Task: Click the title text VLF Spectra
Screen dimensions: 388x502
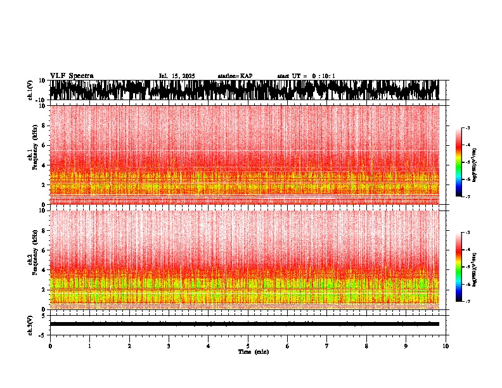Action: click(72, 76)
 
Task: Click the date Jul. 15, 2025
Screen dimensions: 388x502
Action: click(177, 76)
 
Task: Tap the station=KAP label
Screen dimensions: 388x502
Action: click(235, 76)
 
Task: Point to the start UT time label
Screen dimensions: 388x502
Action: click(306, 76)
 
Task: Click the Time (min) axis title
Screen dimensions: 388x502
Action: click(253, 352)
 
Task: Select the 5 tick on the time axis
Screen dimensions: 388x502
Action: click(248, 346)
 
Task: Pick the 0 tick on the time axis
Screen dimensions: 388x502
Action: click(50, 346)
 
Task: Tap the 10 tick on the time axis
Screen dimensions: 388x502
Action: click(446, 346)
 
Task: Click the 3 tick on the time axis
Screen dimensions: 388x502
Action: click(169, 346)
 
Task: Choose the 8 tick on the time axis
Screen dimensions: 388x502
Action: click(366, 346)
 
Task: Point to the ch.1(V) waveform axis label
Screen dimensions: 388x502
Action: click(30, 90)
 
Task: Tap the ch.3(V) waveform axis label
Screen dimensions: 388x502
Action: click(30, 324)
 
